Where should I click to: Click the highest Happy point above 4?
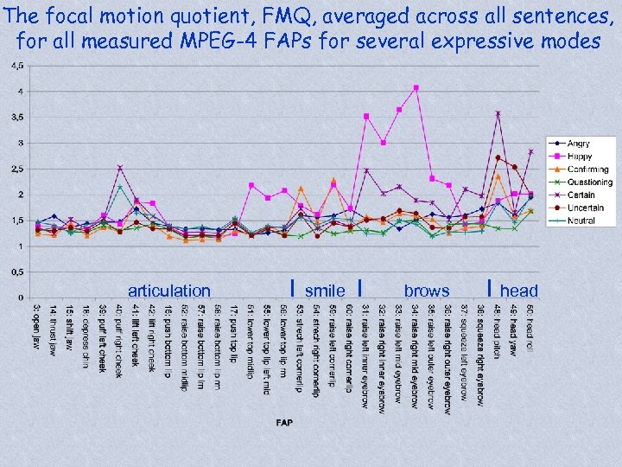pyautogui.click(x=416, y=87)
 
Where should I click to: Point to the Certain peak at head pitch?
pyautogui.click(x=498, y=113)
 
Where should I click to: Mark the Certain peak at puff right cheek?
pyautogui.click(x=120, y=168)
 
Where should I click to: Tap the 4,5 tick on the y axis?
pyautogui.click(x=16, y=66)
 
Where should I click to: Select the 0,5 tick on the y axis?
pyautogui.click(x=16, y=272)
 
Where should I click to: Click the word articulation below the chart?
pyautogui.click(x=168, y=291)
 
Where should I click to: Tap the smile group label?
pyautogui.click(x=325, y=291)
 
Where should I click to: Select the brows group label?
pyautogui.click(x=427, y=291)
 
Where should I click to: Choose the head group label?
pyautogui.click(x=518, y=291)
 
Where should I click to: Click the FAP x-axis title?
pyautogui.click(x=284, y=422)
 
